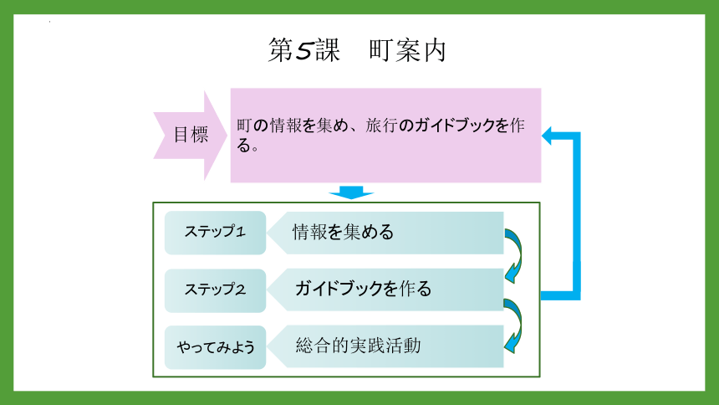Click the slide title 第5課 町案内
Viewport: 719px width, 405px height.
coord(357,50)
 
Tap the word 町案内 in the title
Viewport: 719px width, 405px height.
coord(407,50)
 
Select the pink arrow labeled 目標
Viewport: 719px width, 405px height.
coord(191,136)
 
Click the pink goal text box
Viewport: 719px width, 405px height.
coord(385,136)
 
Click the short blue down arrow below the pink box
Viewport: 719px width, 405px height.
coord(351,192)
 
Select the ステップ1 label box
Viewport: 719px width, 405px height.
coord(215,233)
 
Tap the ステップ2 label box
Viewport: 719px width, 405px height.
coord(215,290)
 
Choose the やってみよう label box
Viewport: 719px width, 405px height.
coord(215,347)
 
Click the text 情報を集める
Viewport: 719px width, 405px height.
coord(343,232)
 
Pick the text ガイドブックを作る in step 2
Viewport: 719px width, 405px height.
coord(363,289)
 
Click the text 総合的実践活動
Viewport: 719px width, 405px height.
coord(358,346)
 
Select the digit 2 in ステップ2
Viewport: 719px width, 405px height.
coord(240,290)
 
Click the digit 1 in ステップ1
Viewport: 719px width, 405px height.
coord(240,232)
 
